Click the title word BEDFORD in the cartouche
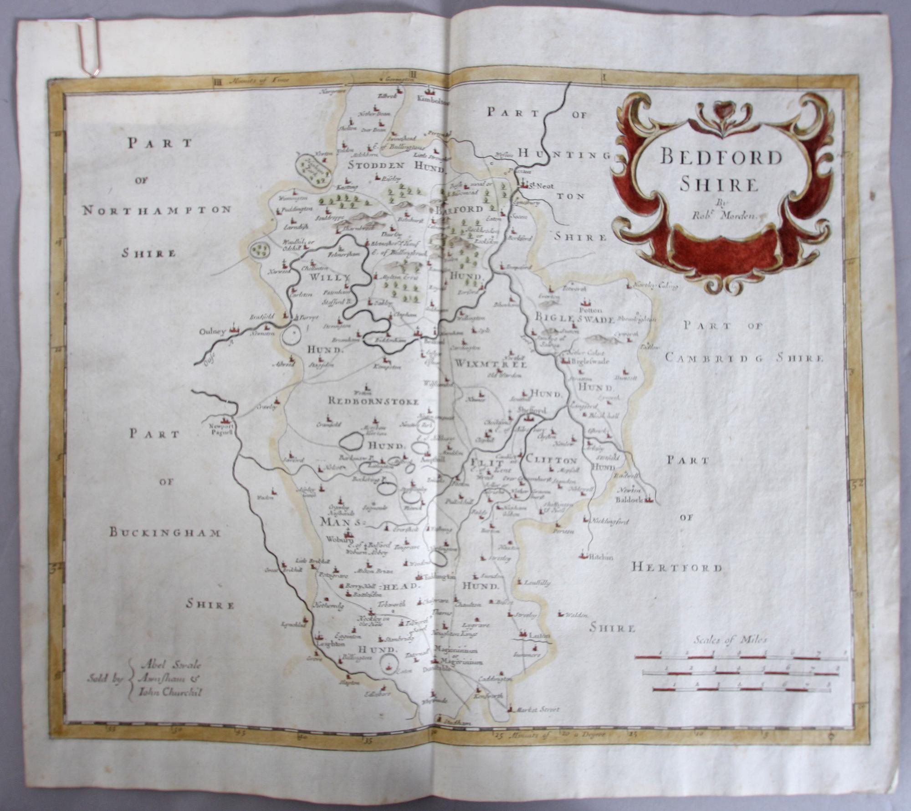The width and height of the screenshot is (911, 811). (721, 157)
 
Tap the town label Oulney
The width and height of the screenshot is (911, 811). (213, 332)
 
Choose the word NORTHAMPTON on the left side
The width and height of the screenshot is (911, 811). (157, 210)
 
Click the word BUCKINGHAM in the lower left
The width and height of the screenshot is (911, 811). (165, 533)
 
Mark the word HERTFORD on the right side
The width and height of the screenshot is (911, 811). (677, 568)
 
